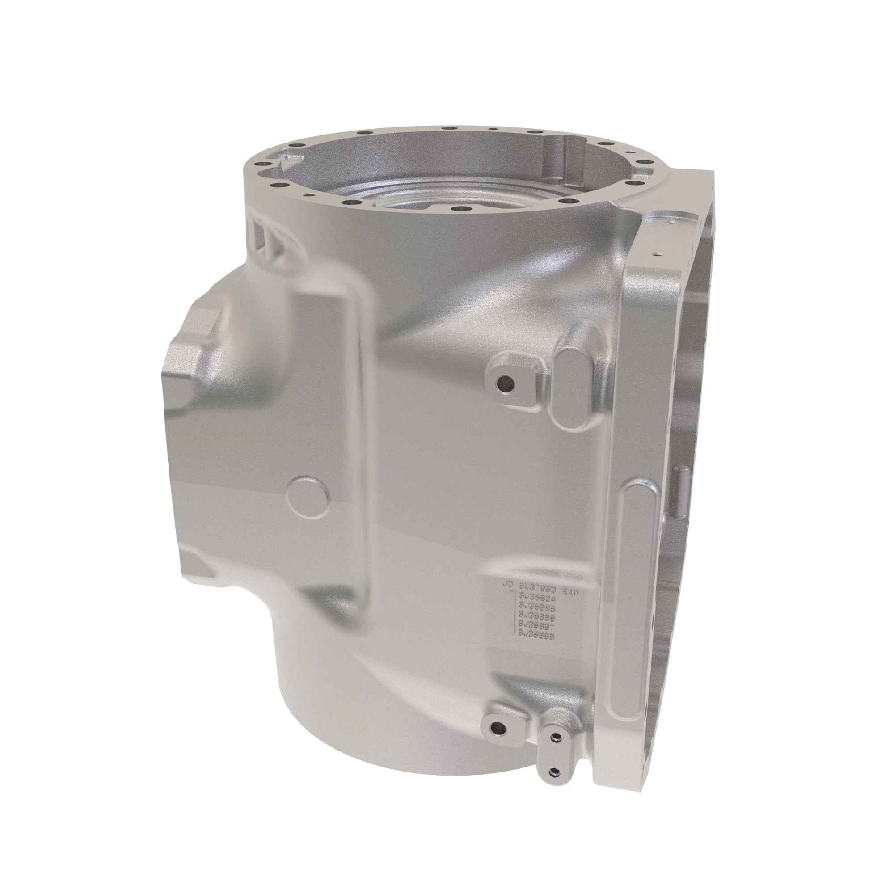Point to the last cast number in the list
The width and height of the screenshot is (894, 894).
coord(536,636)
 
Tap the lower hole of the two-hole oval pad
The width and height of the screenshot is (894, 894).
coord(553,772)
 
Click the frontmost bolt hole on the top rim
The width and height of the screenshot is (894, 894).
coord(459,209)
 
